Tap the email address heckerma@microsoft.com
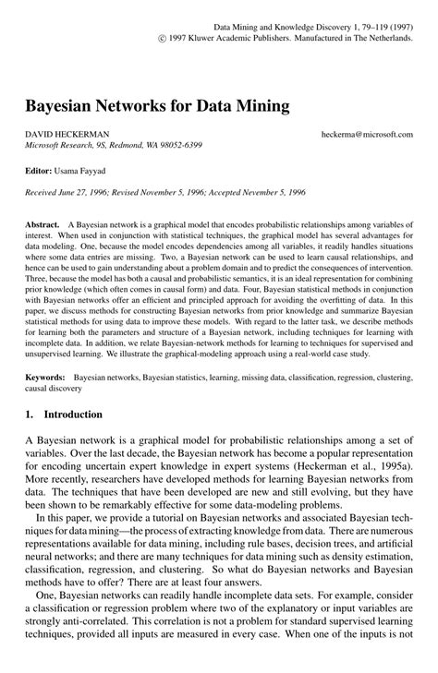[x=367, y=135]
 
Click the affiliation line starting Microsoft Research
[x=114, y=146]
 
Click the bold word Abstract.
[x=43, y=224]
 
